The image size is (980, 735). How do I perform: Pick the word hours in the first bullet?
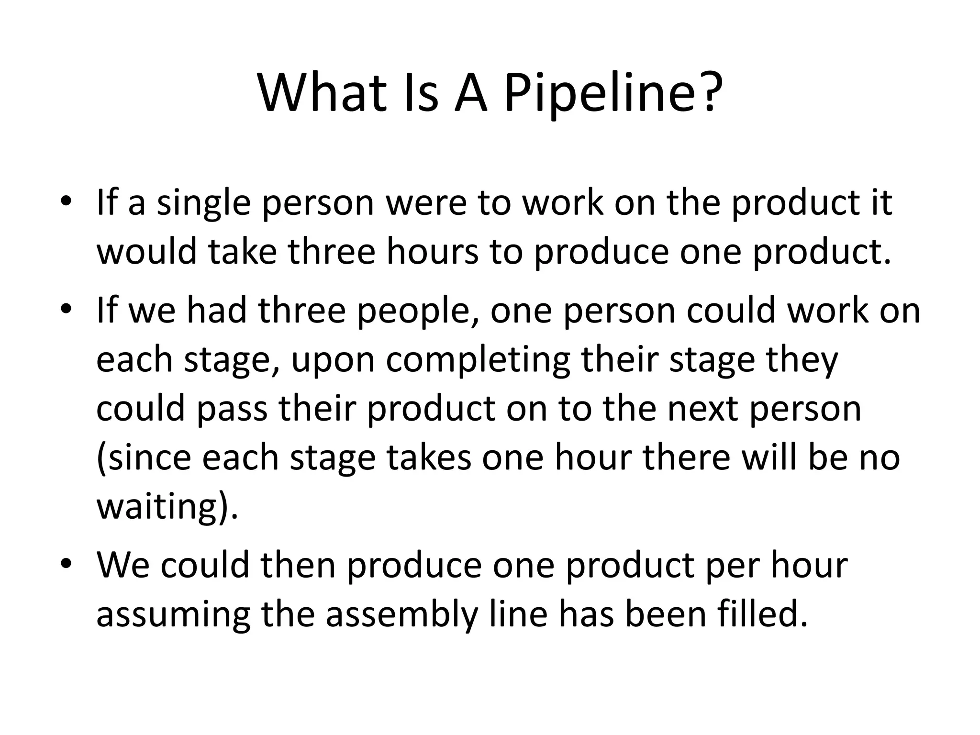433,252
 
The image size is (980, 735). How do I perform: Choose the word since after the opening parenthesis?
146,458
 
